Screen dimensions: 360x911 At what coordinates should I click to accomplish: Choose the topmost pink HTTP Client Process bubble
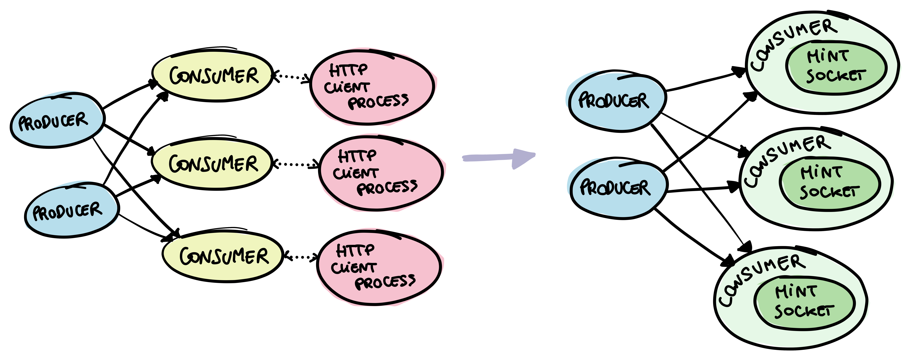coord(371,87)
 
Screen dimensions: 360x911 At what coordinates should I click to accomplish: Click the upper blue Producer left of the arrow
coord(57,120)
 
